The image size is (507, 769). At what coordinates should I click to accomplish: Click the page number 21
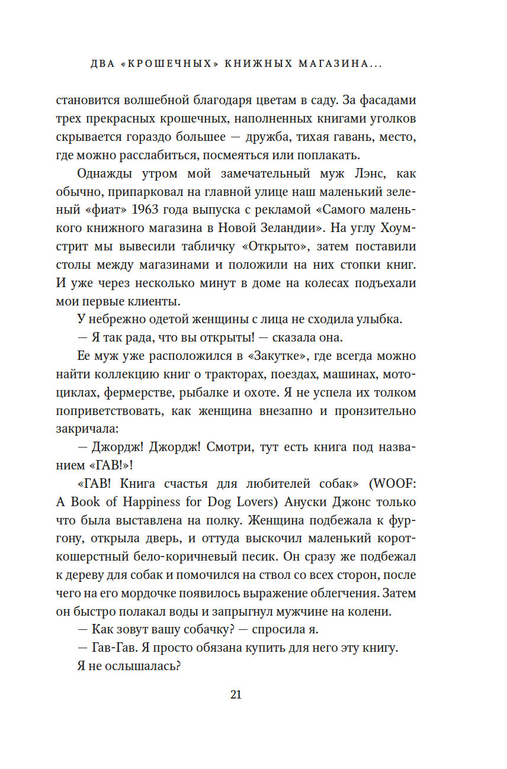235,695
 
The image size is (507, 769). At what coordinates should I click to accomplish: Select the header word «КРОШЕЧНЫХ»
165,64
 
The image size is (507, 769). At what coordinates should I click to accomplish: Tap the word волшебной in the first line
141,101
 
